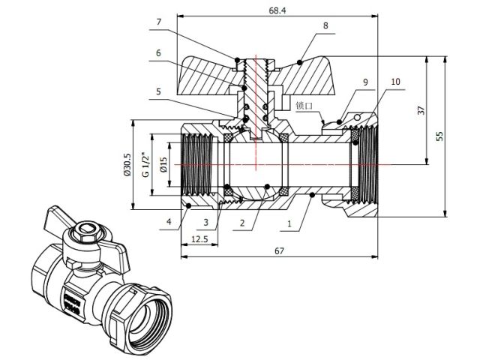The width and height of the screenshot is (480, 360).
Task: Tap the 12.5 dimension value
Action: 200,238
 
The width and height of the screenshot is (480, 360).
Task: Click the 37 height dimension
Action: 421,109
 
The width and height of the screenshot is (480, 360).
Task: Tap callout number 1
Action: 289,223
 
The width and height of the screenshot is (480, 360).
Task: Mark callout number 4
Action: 169,222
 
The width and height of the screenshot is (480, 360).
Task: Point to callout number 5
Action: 158,92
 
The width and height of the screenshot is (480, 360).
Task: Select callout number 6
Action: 158,53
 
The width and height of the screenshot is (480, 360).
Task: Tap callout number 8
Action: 325,25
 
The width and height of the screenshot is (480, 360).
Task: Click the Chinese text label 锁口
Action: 304,106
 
